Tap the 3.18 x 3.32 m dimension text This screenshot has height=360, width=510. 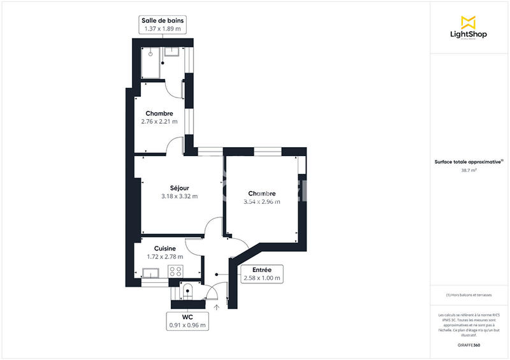(179, 196)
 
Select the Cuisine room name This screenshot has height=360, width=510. (165, 248)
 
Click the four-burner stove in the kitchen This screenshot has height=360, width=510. (175, 272)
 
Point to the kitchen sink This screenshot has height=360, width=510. (151, 274)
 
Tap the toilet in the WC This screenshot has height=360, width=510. (187, 291)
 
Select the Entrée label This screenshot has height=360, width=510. (261, 270)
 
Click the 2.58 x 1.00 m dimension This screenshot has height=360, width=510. (261, 278)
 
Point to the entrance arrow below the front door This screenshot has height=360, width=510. (217, 307)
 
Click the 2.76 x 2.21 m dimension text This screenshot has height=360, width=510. (159, 121)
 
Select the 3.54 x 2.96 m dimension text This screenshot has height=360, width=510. (261, 201)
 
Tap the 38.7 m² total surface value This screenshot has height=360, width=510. (469, 170)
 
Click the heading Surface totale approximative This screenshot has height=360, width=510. (467, 162)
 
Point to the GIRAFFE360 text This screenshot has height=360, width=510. (469, 344)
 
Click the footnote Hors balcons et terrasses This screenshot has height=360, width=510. (469, 295)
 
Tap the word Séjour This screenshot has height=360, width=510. (179, 187)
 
